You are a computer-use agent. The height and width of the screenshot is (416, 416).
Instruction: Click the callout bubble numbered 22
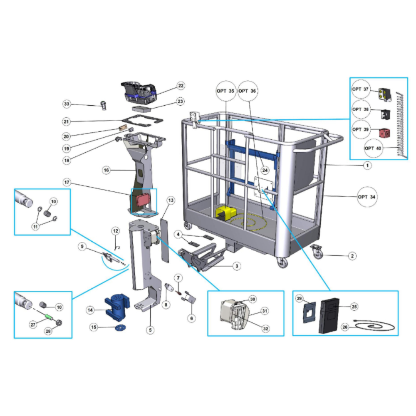[181, 86]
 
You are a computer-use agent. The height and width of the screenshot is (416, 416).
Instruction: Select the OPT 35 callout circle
[226, 91]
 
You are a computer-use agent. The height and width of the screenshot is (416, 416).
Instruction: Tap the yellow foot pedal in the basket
[225, 213]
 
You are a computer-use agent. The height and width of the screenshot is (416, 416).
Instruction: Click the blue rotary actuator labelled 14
[117, 307]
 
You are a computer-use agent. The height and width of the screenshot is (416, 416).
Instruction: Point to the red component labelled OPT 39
[384, 133]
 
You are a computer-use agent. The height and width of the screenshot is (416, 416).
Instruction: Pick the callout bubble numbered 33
[67, 104]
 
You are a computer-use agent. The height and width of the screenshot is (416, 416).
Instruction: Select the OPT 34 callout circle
[367, 197]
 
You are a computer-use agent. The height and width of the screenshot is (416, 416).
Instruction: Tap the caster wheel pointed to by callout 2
[317, 252]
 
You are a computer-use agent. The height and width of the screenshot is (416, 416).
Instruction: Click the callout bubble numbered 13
[171, 201]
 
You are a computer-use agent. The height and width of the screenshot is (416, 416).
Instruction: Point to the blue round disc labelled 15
[121, 328]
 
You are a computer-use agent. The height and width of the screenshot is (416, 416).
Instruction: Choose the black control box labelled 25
[329, 315]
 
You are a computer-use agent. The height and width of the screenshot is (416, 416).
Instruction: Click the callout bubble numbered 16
[106, 170]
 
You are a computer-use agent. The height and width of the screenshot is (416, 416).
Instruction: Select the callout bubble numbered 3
[237, 266]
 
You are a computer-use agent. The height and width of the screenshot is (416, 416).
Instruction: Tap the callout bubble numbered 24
[265, 170]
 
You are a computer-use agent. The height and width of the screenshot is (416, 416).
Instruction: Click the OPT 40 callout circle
[373, 149]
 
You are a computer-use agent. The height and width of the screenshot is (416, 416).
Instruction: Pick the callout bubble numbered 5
[150, 330]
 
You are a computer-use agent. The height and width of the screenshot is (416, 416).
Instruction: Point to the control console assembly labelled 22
[139, 92]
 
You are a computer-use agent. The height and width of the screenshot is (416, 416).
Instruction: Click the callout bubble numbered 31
[265, 311]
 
